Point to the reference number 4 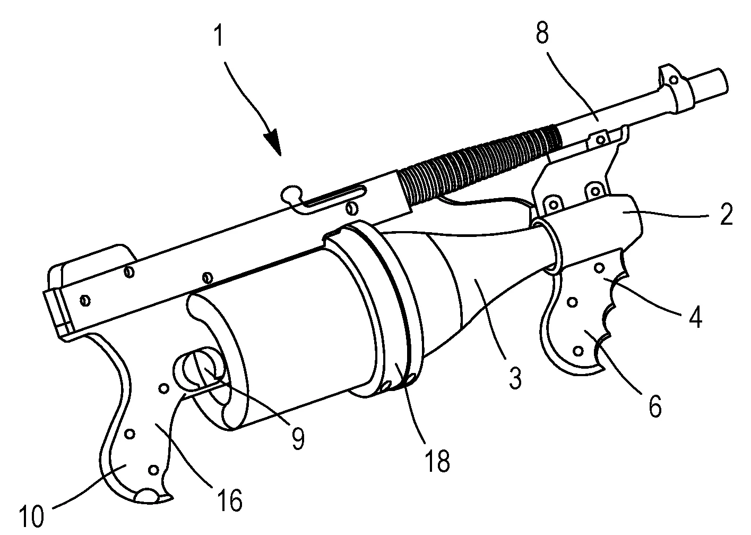pyautogui.click(x=695, y=318)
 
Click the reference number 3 pyautogui.click(x=513, y=378)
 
